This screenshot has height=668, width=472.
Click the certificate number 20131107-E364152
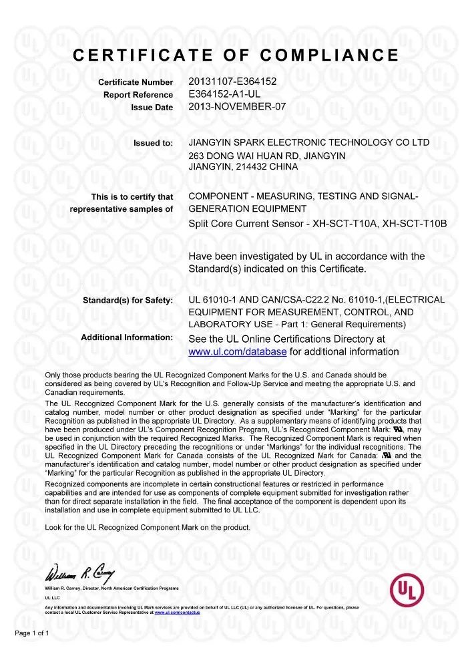click(x=233, y=81)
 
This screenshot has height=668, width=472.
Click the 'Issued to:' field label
click(x=154, y=143)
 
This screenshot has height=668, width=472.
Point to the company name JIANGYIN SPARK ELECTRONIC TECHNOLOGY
click(x=290, y=142)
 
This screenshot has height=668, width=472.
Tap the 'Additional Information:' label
click(x=127, y=337)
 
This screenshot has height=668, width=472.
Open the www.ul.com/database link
click(x=238, y=351)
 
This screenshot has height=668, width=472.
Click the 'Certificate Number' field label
click(x=136, y=82)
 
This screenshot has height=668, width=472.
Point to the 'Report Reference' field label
click(x=138, y=95)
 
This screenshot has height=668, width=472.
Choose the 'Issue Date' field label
click(x=151, y=107)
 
